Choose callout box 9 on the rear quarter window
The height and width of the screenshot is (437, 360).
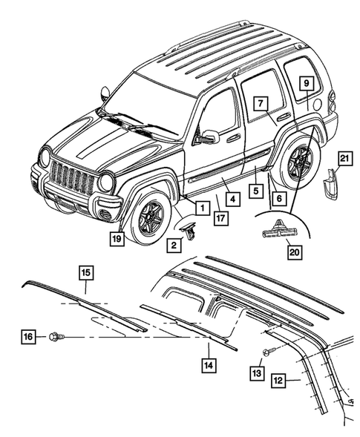coord(305,85)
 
